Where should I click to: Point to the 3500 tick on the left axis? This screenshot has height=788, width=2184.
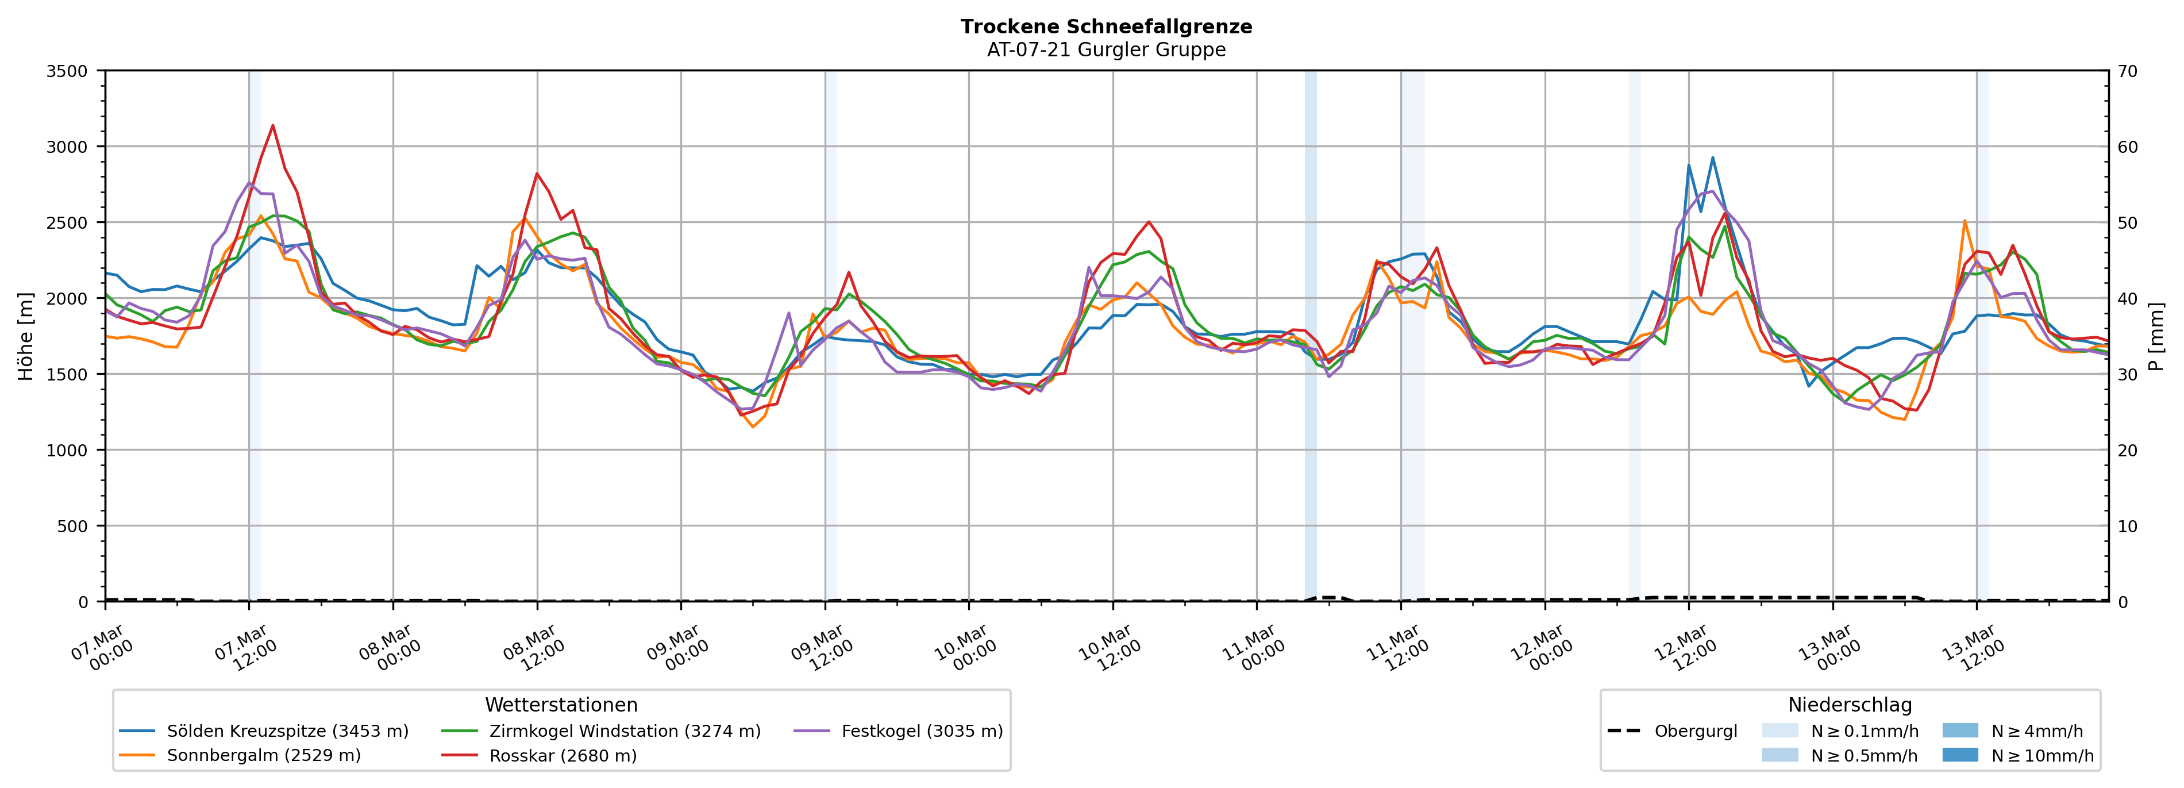(67, 71)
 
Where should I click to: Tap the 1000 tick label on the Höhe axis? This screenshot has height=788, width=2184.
(67, 451)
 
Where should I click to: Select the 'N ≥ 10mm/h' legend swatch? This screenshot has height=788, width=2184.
(1959, 755)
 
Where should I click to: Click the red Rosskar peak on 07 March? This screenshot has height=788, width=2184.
(272, 125)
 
